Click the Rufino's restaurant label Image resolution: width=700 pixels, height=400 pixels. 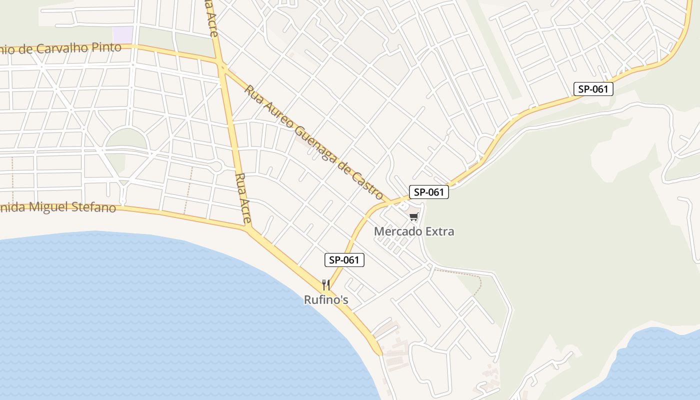(326, 300)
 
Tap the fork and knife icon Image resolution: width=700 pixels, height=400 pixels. (326, 285)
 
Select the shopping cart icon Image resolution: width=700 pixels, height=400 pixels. (413, 217)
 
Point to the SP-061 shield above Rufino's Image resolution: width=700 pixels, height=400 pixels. (344, 260)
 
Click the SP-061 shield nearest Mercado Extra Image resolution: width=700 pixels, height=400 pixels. (428, 192)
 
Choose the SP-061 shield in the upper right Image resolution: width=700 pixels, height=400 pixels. (593, 89)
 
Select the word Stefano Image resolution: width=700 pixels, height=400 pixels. (94, 207)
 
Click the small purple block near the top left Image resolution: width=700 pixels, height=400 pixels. (123, 34)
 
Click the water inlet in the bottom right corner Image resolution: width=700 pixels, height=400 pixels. (660, 365)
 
